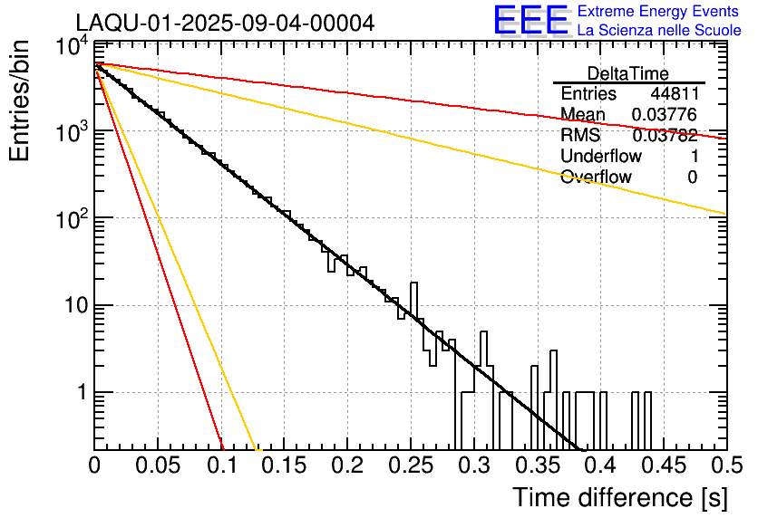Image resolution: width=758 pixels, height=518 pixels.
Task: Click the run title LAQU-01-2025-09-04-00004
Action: [x=224, y=23]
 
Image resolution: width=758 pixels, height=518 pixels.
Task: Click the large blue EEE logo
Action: [x=530, y=21]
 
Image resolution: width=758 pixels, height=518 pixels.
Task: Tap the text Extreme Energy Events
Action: [x=658, y=12]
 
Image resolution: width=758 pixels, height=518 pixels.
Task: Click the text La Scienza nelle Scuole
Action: [x=658, y=30]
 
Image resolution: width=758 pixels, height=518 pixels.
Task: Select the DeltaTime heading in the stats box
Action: [x=628, y=73]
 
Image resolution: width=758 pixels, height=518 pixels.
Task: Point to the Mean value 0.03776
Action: [x=665, y=115]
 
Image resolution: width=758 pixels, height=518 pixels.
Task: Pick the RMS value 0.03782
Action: [x=665, y=136]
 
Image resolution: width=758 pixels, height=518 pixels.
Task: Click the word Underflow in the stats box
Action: [x=601, y=157]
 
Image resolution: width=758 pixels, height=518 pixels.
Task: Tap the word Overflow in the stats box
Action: [x=596, y=177]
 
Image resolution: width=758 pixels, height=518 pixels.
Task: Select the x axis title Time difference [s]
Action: [x=618, y=497]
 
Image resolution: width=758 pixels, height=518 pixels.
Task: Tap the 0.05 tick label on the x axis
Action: [x=158, y=465]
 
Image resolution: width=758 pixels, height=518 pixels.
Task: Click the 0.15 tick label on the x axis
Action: [x=285, y=465]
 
